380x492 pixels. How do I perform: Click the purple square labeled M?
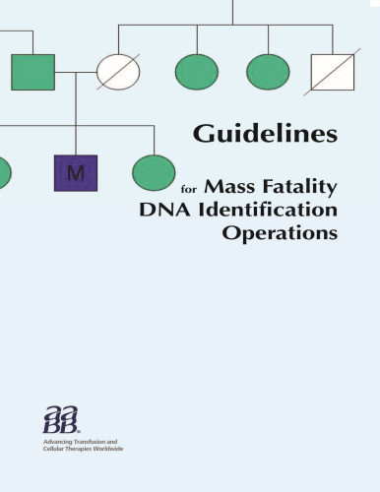click(x=76, y=172)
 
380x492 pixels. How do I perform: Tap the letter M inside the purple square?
click(x=76, y=173)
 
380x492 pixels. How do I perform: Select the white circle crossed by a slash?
click(x=118, y=71)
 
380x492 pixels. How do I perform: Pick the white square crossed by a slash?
click(x=332, y=71)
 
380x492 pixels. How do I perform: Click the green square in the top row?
click(x=32, y=72)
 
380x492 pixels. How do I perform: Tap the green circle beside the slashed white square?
click(x=268, y=71)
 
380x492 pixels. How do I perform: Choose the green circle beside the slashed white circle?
click(x=197, y=71)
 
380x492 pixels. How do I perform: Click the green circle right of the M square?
click(x=154, y=172)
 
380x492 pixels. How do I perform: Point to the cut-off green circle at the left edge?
click(x=4, y=172)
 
